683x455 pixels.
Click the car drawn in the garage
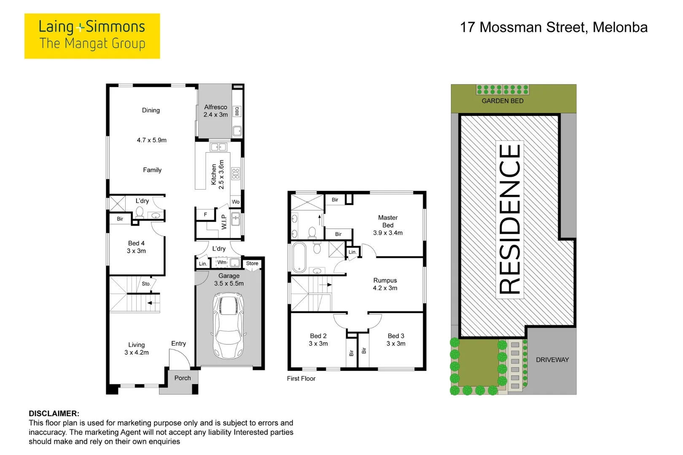[x=229, y=325]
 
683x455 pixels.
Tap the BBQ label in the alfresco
[x=237, y=111]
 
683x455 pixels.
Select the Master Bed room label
[x=387, y=225]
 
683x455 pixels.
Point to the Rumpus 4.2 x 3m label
[x=385, y=284]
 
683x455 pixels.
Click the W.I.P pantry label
[x=224, y=222]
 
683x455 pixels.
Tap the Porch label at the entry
[x=183, y=378]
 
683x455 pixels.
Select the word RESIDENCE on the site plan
[x=509, y=219]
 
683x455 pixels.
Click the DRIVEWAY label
[x=552, y=360]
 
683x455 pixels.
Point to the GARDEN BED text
[x=503, y=101]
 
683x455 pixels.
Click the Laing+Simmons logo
[x=92, y=36]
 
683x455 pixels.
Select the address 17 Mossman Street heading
[x=554, y=27]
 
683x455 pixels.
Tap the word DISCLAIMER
[x=54, y=413]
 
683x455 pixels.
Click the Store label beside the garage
[x=252, y=263]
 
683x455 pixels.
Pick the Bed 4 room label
[x=136, y=247]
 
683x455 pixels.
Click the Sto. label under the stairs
[x=146, y=284]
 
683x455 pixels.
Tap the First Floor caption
[x=301, y=378]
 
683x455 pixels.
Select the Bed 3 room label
[x=396, y=340]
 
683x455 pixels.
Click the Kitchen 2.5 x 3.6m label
[x=218, y=174]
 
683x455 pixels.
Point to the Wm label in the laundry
[x=222, y=262]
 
